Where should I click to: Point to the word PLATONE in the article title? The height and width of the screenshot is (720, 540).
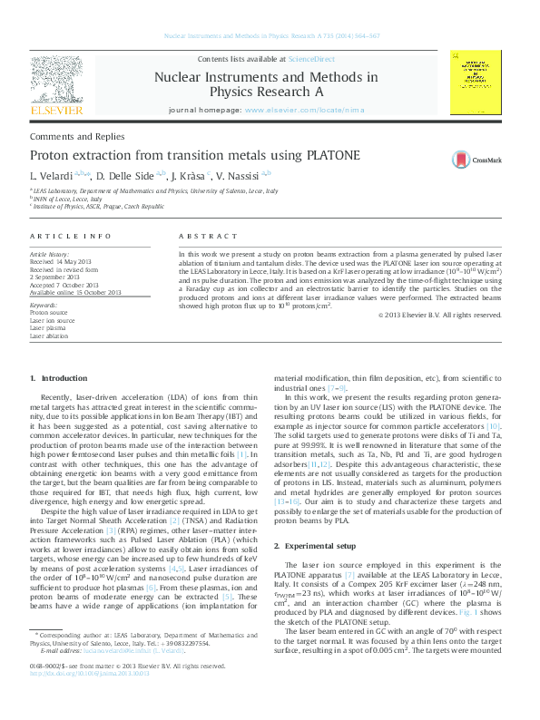pyautogui.click(x=329, y=156)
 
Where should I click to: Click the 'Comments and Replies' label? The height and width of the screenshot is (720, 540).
pyautogui.click(x=64, y=134)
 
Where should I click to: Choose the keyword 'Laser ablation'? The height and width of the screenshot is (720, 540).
pyautogui.click(x=49, y=336)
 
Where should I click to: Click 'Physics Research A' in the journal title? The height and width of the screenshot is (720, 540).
pyautogui.click(x=265, y=92)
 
